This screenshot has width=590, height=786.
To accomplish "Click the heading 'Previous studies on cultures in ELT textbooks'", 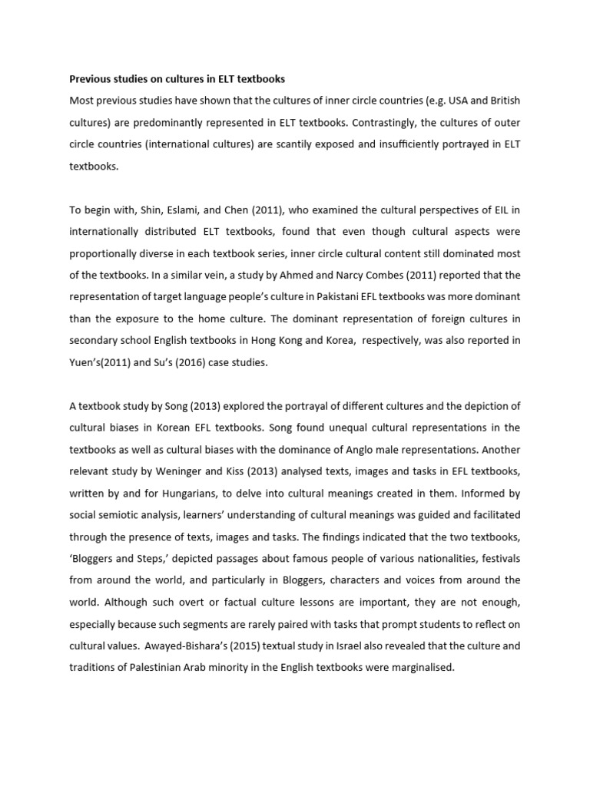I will (177, 78).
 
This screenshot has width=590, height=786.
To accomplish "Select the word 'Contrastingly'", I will (377, 122).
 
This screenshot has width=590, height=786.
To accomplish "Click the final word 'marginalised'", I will (421, 668).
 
